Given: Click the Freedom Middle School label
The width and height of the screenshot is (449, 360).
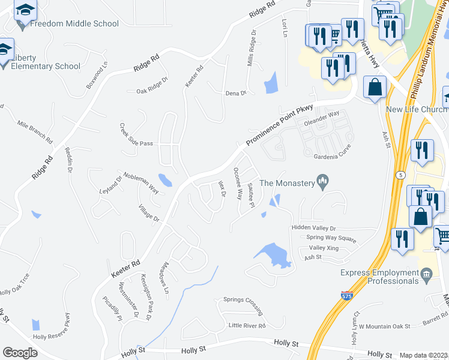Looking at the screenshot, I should point(74,24).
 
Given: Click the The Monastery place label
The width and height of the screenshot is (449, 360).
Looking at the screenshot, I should point(287,183).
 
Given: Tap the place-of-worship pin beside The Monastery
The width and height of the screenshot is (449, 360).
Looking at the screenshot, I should point(323,182).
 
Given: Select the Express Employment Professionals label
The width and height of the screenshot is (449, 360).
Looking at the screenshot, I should point(380,277).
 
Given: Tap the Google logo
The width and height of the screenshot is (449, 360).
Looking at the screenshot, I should point(20,353).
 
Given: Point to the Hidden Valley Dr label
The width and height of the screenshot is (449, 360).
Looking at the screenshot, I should point(313,228).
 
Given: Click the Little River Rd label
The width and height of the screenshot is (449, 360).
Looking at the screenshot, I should point(247,325).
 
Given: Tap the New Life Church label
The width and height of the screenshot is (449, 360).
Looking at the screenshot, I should point(417,110).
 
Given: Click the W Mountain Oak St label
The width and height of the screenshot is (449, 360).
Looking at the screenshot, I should point(384,326).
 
